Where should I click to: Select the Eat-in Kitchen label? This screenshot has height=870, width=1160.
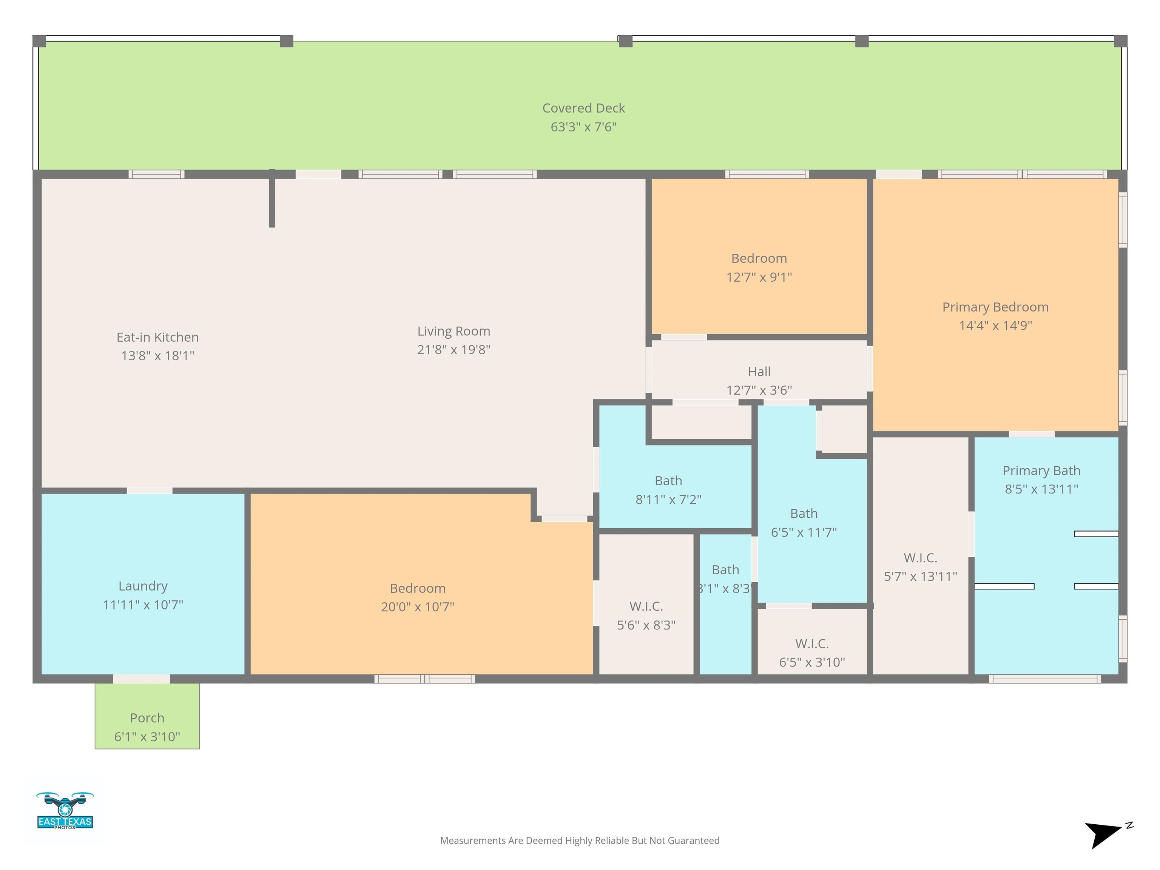pyautogui.click(x=157, y=337)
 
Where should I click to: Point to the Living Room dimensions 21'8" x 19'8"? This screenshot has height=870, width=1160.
pyautogui.click(x=454, y=350)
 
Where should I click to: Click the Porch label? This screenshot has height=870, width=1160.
pyautogui.click(x=147, y=718)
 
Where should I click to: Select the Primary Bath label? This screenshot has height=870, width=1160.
pyautogui.click(x=1041, y=471)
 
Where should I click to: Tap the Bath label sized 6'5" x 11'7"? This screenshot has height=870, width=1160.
pyautogui.click(x=804, y=514)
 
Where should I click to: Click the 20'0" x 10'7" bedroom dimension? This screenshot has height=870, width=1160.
pyautogui.click(x=417, y=607)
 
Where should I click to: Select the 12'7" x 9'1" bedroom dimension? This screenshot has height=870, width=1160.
pyautogui.click(x=759, y=277)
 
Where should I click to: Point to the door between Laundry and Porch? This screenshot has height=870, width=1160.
pyautogui.click(x=142, y=679)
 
